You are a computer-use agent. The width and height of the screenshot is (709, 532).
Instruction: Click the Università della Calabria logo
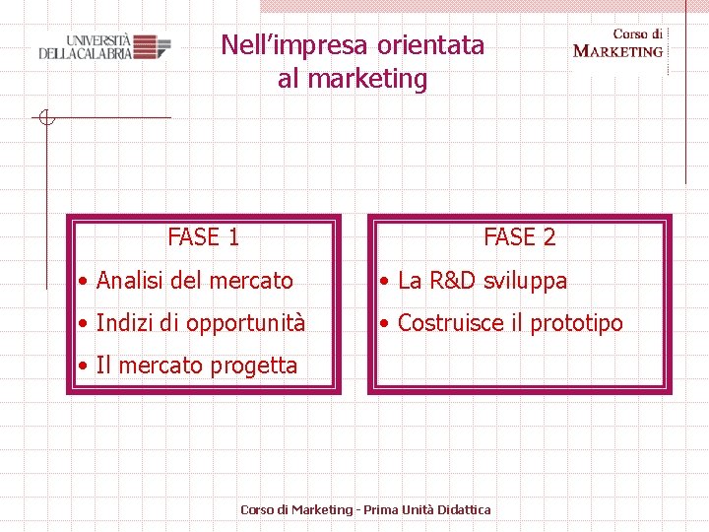104,46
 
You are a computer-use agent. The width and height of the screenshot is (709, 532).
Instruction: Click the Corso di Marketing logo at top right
618,43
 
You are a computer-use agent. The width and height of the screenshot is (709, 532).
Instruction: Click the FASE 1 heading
204,236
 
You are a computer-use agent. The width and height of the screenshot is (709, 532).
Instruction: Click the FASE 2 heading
519,236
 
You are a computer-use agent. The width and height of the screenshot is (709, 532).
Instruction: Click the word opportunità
246,323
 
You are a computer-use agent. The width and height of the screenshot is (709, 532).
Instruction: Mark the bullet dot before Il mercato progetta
85,366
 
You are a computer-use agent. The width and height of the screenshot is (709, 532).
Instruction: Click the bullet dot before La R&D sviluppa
386,282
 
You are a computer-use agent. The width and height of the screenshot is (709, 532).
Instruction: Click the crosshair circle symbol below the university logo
45,118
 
